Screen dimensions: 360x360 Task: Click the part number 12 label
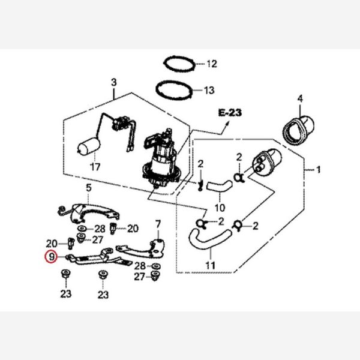click(x=211, y=64)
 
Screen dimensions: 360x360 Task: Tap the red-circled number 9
click(x=52, y=257)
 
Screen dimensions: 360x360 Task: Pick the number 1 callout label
click(x=319, y=170)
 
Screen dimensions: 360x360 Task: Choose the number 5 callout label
click(x=88, y=188)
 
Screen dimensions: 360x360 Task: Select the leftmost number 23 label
click(x=65, y=294)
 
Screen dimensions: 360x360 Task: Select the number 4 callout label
click(x=301, y=98)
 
